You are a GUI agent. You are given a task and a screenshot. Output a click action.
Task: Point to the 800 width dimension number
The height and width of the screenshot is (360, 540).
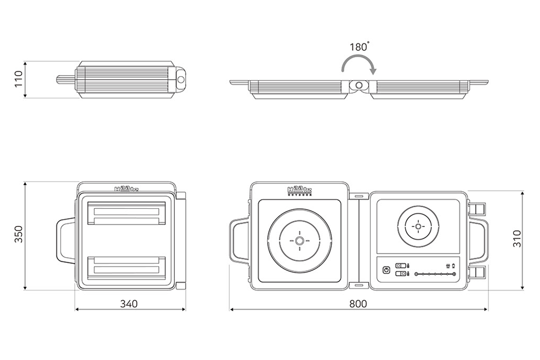pos(358,303)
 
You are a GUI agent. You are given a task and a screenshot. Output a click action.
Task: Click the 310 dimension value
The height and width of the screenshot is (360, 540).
pos(517,240)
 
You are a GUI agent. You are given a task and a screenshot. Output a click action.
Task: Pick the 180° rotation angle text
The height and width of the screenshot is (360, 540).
pos(359,46)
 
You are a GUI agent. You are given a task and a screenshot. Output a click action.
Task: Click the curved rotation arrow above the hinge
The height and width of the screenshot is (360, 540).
pos(359,64)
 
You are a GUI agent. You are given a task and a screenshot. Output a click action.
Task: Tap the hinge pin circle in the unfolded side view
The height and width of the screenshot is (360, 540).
pos(359,85)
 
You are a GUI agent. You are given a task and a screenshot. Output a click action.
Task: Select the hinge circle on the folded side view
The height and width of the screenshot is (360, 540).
pos(181,80)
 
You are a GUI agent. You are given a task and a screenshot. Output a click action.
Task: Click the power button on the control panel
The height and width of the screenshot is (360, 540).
pos(386,270)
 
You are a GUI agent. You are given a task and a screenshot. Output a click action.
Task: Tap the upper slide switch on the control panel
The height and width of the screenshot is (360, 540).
pos(400,266)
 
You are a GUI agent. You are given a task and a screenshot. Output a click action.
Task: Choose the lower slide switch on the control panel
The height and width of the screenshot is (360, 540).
pos(400,274)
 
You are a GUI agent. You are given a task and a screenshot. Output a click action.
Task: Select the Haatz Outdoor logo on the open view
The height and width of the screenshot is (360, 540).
pos(299,191)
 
